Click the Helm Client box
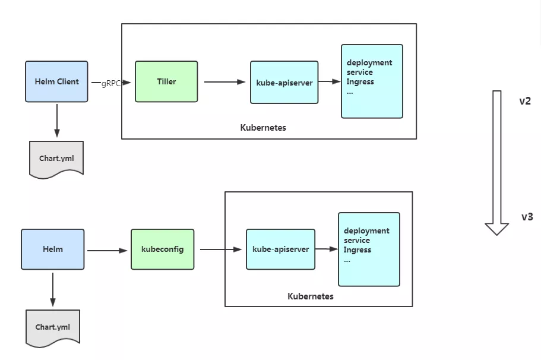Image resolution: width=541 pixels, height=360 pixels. click(56, 81)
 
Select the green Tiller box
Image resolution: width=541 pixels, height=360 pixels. click(166, 81)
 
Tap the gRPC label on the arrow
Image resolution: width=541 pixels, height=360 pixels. click(111, 83)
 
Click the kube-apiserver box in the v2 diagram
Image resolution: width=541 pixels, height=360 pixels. click(284, 83)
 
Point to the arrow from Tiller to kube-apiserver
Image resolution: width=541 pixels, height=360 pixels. click(224, 83)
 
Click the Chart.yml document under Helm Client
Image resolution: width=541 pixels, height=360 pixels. click(56, 158)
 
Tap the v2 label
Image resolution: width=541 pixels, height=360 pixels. click(525, 101)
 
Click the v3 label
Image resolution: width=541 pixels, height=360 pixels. click(527, 217)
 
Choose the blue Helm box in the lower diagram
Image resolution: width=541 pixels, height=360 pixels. click(53, 250)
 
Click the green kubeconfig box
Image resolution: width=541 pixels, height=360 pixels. click(162, 250)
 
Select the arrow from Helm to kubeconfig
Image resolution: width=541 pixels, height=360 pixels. click(107, 251)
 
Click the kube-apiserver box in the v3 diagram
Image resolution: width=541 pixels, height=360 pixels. click(280, 250)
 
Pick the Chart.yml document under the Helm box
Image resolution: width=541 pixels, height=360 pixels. click(53, 327)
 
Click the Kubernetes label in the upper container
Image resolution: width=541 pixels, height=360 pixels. click(263, 128)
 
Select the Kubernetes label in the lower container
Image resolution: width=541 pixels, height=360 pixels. click(311, 296)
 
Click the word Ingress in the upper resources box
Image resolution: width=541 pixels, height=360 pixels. click(360, 82)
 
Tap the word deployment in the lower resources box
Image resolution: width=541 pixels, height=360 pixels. click(366, 230)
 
